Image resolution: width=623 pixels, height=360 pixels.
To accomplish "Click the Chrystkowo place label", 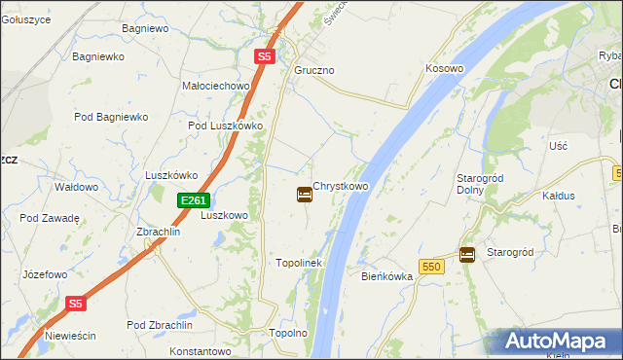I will click(x=341, y=186).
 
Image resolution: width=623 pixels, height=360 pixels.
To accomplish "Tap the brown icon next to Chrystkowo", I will click(x=305, y=195).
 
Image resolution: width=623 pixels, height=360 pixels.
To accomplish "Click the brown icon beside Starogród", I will click(x=467, y=254).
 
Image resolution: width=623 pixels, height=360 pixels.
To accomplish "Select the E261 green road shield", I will click(x=193, y=200).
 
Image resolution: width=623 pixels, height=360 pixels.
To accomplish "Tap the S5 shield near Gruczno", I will click(x=265, y=57).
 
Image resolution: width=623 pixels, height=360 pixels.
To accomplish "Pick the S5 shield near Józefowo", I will click(x=77, y=304).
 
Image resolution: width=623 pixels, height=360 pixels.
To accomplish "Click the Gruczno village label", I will click(x=314, y=71).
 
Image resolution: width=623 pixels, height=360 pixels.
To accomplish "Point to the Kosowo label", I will click(x=444, y=69).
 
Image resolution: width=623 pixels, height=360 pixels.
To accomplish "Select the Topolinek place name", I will click(x=299, y=263).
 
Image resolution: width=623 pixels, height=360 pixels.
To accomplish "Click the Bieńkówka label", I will click(x=387, y=276).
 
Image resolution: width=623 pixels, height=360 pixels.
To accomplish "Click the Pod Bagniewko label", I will click(x=111, y=117).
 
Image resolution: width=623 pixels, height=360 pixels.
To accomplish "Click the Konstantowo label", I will click(x=199, y=350).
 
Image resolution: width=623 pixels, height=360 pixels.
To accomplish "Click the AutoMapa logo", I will click(x=558, y=342).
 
